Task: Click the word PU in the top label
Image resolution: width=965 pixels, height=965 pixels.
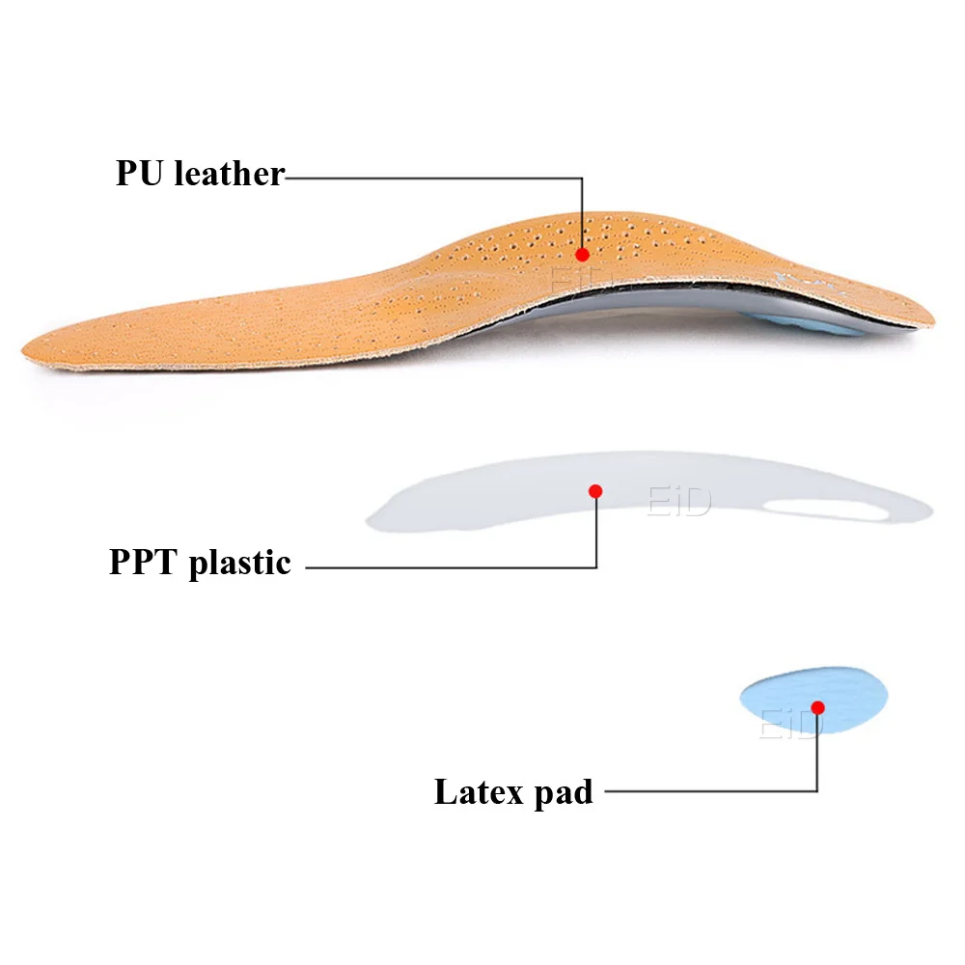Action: [x=140, y=174]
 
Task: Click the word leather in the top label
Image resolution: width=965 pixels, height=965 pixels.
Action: [x=229, y=174]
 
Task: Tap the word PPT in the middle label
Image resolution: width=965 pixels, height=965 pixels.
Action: [x=144, y=562]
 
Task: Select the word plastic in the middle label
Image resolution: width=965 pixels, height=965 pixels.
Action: [x=239, y=562]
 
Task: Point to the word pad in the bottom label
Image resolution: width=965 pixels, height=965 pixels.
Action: [x=561, y=792]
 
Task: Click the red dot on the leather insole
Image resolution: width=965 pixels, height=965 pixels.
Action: [x=582, y=255]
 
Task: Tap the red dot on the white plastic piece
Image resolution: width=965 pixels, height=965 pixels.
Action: [x=595, y=491]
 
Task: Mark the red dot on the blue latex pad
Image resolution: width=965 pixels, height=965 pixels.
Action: [x=817, y=707]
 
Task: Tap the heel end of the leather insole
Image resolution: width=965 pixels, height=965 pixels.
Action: [x=928, y=314]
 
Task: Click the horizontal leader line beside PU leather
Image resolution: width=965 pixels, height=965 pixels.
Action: [x=434, y=178]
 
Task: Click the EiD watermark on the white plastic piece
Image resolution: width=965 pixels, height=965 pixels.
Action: [x=677, y=502]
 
